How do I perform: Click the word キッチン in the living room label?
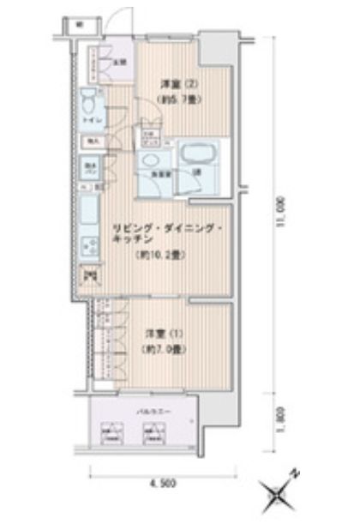127,242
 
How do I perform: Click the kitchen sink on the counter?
89,210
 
